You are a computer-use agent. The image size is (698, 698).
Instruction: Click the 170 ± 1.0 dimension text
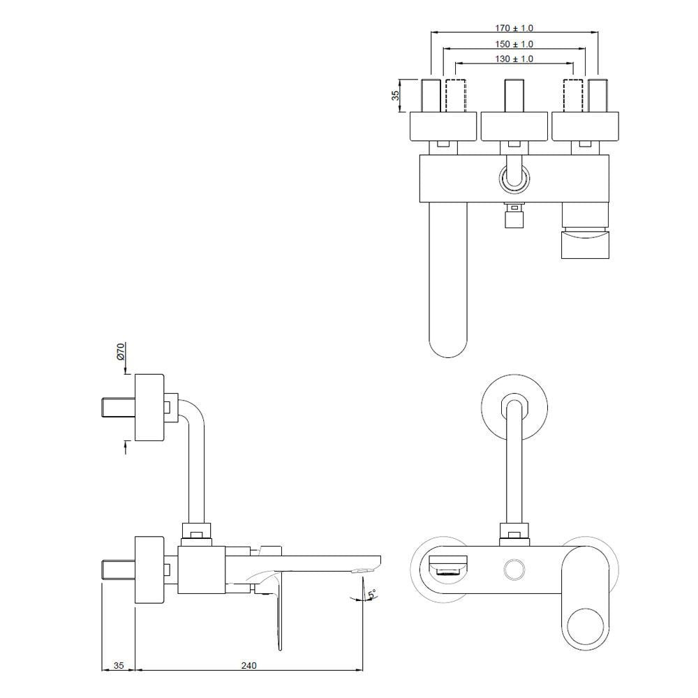coord(514,29)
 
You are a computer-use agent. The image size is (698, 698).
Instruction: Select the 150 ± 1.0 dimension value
coord(514,44)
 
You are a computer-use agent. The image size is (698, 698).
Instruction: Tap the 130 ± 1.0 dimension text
coord(514,59)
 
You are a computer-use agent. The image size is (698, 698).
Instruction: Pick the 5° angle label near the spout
coord(372,594)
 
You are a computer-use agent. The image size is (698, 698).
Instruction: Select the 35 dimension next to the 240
coord(118,665)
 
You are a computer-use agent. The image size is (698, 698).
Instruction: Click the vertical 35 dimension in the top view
coord(395,96)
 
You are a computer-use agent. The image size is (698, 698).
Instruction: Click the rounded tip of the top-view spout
coord(447,342)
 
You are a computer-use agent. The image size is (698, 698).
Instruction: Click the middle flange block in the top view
coord(514,126)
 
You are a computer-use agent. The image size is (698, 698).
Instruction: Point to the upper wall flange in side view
coord(149,408)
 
